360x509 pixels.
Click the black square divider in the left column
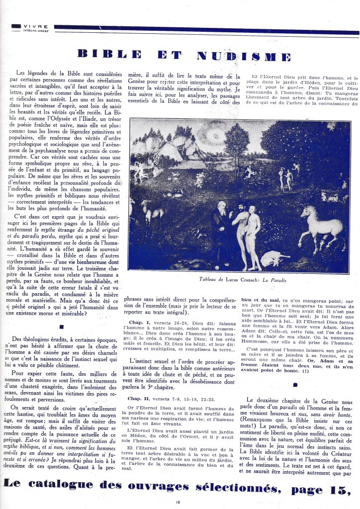(61, 327)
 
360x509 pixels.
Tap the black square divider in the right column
(296, 384)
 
